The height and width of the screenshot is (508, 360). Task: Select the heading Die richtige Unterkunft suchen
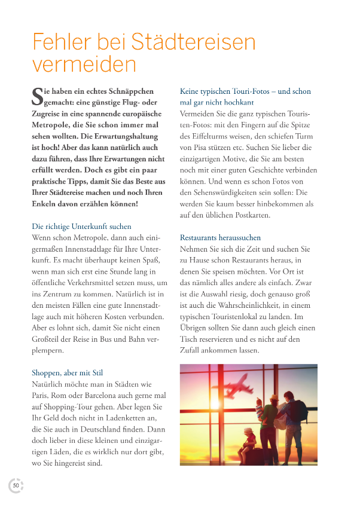coord(81,227)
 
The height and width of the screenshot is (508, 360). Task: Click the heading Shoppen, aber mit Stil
coord(67,373)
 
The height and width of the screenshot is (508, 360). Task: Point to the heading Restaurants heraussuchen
coord(220,237)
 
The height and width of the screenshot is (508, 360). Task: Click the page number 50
coord(16,485)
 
